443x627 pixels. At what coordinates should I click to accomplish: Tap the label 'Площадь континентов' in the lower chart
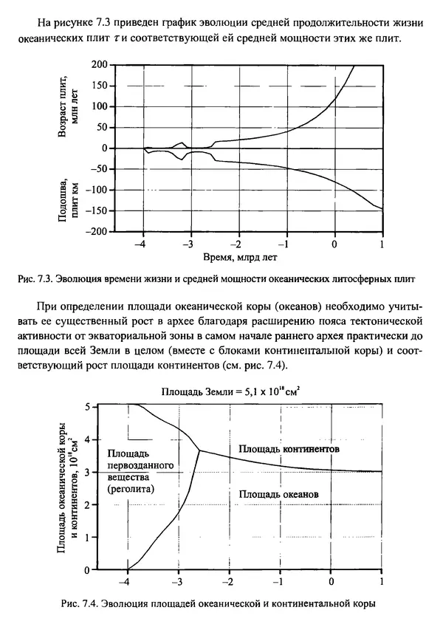(284, 448)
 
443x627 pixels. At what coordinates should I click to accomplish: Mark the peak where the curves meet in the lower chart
(199, 450)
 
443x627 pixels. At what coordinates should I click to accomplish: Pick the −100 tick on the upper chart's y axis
(97, 191)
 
